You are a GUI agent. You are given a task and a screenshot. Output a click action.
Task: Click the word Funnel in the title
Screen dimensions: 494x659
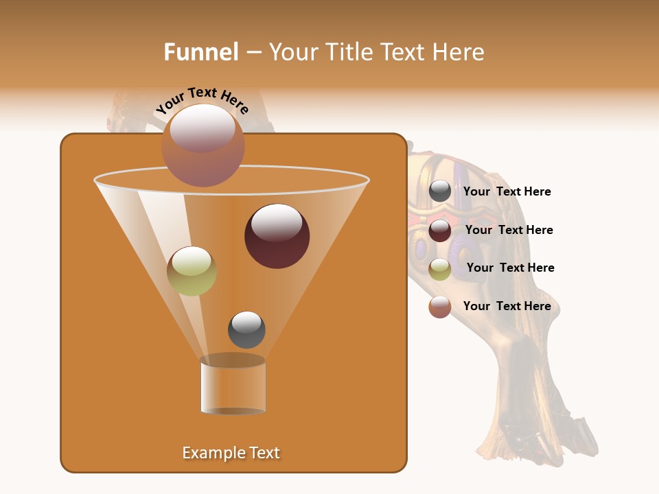point(200,52)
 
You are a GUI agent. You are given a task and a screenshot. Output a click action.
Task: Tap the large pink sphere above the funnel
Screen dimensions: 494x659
point(203,145)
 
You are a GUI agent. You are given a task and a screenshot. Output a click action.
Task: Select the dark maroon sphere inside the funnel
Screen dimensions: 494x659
point(277,236)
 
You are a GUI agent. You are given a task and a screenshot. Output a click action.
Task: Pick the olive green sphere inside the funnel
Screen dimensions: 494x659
point(192,271)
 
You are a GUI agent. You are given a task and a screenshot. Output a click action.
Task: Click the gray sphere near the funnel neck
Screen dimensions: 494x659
point(246,329)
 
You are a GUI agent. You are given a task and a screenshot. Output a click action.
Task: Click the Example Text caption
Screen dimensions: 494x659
point(231,453)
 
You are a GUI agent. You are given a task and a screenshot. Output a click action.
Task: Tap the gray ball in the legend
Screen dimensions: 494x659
point(440,191)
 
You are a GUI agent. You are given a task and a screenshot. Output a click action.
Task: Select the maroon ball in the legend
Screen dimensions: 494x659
point(440,231)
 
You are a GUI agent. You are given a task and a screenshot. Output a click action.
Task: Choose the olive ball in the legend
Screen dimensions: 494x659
point(440,269)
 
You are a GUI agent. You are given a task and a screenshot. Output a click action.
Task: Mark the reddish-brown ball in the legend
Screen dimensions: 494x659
point(440,307)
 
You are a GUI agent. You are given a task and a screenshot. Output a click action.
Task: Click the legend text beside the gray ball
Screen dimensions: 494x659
point(507,192)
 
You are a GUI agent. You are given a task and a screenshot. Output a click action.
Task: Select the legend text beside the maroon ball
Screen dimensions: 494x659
point(509,231)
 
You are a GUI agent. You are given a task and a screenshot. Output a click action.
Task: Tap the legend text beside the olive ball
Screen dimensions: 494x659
point(510,268)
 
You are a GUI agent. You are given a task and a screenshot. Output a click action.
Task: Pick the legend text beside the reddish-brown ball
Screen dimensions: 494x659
point(507,307)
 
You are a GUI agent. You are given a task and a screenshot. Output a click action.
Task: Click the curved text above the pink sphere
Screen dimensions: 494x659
point(202,99)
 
